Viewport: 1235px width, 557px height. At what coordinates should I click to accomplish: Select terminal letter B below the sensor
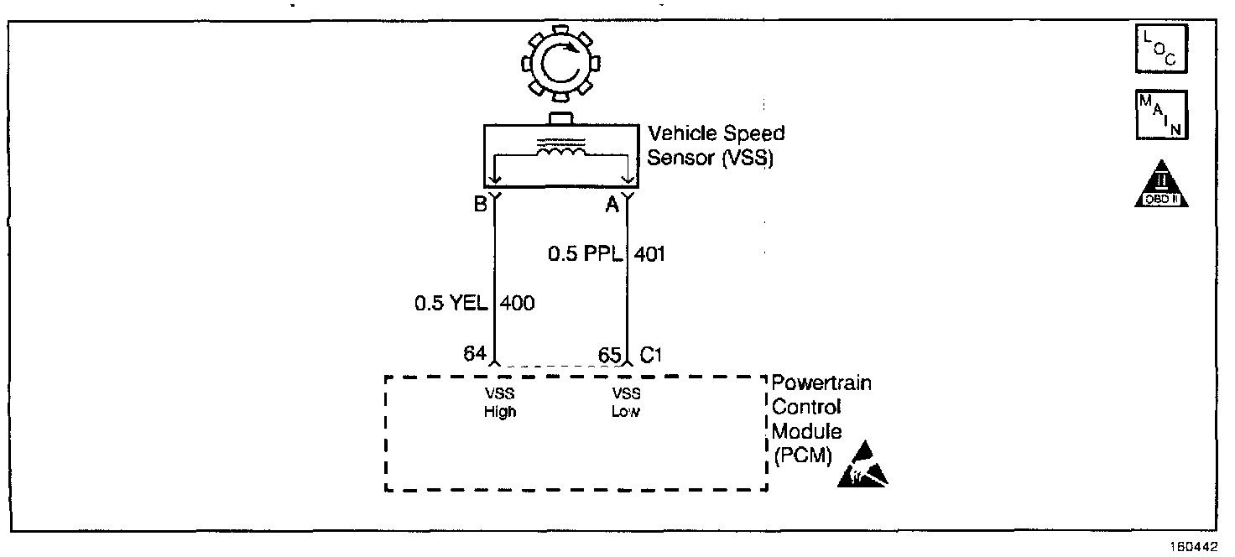[480, 204]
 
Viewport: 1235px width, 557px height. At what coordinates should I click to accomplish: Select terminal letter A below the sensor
[613, 204]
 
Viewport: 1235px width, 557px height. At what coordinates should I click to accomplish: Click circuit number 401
[650, 253]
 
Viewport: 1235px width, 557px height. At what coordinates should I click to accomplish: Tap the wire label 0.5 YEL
[451, 304]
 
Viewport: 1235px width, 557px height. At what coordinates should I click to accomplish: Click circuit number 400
[517, 304]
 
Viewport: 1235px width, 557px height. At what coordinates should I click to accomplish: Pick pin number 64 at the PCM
[475, 354]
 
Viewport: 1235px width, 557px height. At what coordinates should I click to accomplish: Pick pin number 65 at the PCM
[609, 354]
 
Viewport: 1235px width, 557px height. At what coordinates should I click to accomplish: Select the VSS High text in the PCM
[500, 403]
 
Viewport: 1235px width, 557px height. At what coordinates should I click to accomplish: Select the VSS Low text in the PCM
[626, 403]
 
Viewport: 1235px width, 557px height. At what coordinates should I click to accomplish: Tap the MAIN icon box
[1161, 115]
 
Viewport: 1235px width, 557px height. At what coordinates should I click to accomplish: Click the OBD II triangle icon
[1162, 185]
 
